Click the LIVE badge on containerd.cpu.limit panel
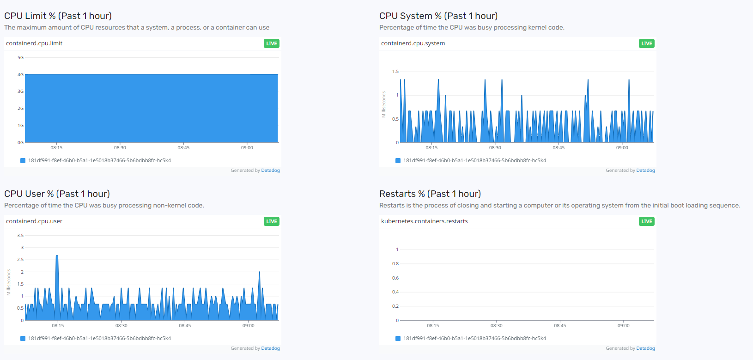tap(272, 43)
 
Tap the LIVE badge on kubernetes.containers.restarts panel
tap(646, 221)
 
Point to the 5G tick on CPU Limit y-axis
tap(20, 58)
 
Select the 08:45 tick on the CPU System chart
tap(559, 148)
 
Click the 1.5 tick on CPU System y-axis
tap(395, 72)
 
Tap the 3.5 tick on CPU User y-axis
tap(20, 236)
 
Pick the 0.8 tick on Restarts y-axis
tap(395, 264)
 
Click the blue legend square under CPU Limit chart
tap(23, 161)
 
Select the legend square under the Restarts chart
tap(398, 339)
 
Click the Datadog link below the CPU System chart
tap(645, 171)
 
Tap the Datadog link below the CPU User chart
tap(270, 348)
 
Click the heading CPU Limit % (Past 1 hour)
tap(58, 16)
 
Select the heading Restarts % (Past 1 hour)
tap(430, 194)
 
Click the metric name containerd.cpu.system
tap(413, 43)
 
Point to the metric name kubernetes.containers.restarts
tap(424, 221)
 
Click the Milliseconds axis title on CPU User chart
tap(9, 282)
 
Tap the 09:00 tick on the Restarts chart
tap(623, 326)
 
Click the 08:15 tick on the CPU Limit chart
tap(56, 148)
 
